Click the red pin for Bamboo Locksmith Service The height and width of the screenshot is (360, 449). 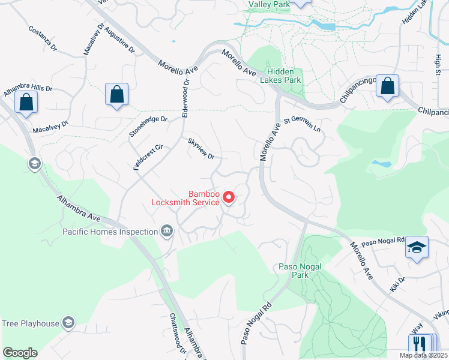click(228, 196)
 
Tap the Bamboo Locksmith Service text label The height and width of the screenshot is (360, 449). click(186, 198)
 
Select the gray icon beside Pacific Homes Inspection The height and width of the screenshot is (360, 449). click(167, 231)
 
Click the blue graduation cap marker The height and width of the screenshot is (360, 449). click(417, 248)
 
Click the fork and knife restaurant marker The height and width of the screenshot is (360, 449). click(420, 344)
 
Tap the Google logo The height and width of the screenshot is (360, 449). click(20, 353)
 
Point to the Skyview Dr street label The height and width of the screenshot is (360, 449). click(201, 148)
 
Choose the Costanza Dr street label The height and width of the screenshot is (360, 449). click(42, 38)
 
